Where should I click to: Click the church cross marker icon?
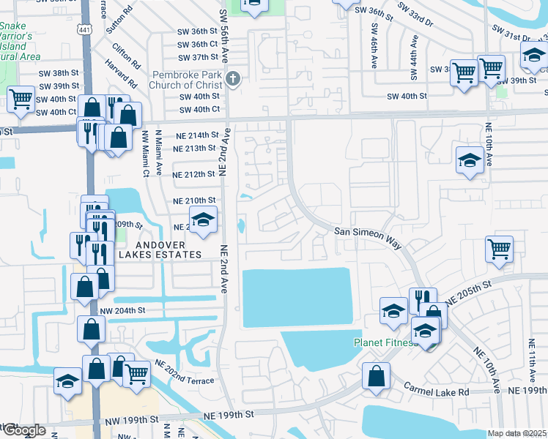pos(232,79)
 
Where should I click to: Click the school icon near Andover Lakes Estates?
pos(204,219)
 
